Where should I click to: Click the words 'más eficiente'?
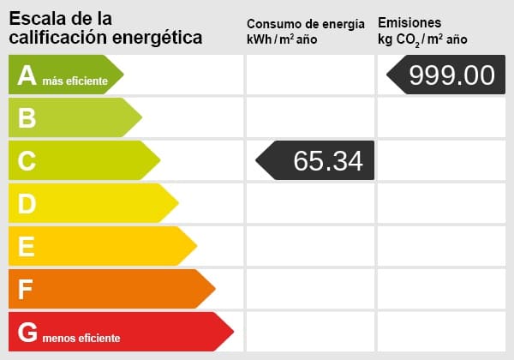click(75, 81)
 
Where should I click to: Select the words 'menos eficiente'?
click(81, 338)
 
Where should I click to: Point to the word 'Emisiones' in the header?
click(409, 22)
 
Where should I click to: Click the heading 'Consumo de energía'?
click(311, 23)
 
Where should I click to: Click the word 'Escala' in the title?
click(36, 18)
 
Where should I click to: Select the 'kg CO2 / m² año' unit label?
click(422, 39)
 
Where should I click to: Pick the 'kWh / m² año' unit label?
click(283, 39)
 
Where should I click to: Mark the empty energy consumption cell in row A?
click(310, 75)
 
